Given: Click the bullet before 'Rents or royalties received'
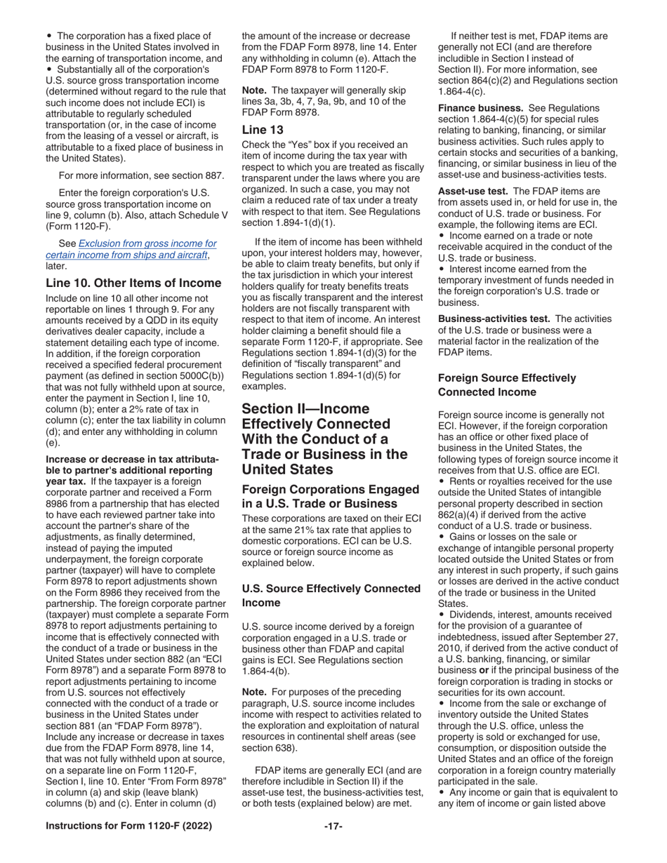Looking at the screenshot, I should pyautogui.click(x=441, y=495).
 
